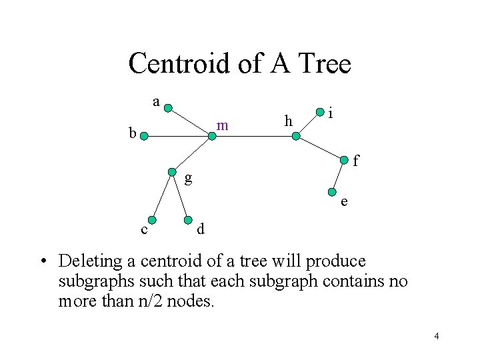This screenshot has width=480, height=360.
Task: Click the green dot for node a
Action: coord(169,108)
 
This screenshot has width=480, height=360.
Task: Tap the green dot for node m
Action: coord(212,137)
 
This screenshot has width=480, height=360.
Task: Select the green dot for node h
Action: coord(296,136)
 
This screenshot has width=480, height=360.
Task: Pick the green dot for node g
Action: coord(172,171)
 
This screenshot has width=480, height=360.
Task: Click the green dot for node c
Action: coord(152,220)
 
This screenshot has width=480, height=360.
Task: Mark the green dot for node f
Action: coord(344,159)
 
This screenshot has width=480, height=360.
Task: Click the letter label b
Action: coord(133,133)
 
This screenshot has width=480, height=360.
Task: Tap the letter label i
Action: coord(331,115)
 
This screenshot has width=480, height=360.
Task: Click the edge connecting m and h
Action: coord(254,137)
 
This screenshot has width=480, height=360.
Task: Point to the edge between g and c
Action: coord(162,196)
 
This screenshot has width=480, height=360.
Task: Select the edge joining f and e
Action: coord(337,175)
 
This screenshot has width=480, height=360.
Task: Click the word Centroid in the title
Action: coord(175,64)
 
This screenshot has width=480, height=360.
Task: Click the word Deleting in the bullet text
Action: coord(91,261)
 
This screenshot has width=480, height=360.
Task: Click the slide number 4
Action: coord(436,336)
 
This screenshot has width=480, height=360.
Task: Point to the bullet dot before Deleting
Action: coord(42,261)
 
